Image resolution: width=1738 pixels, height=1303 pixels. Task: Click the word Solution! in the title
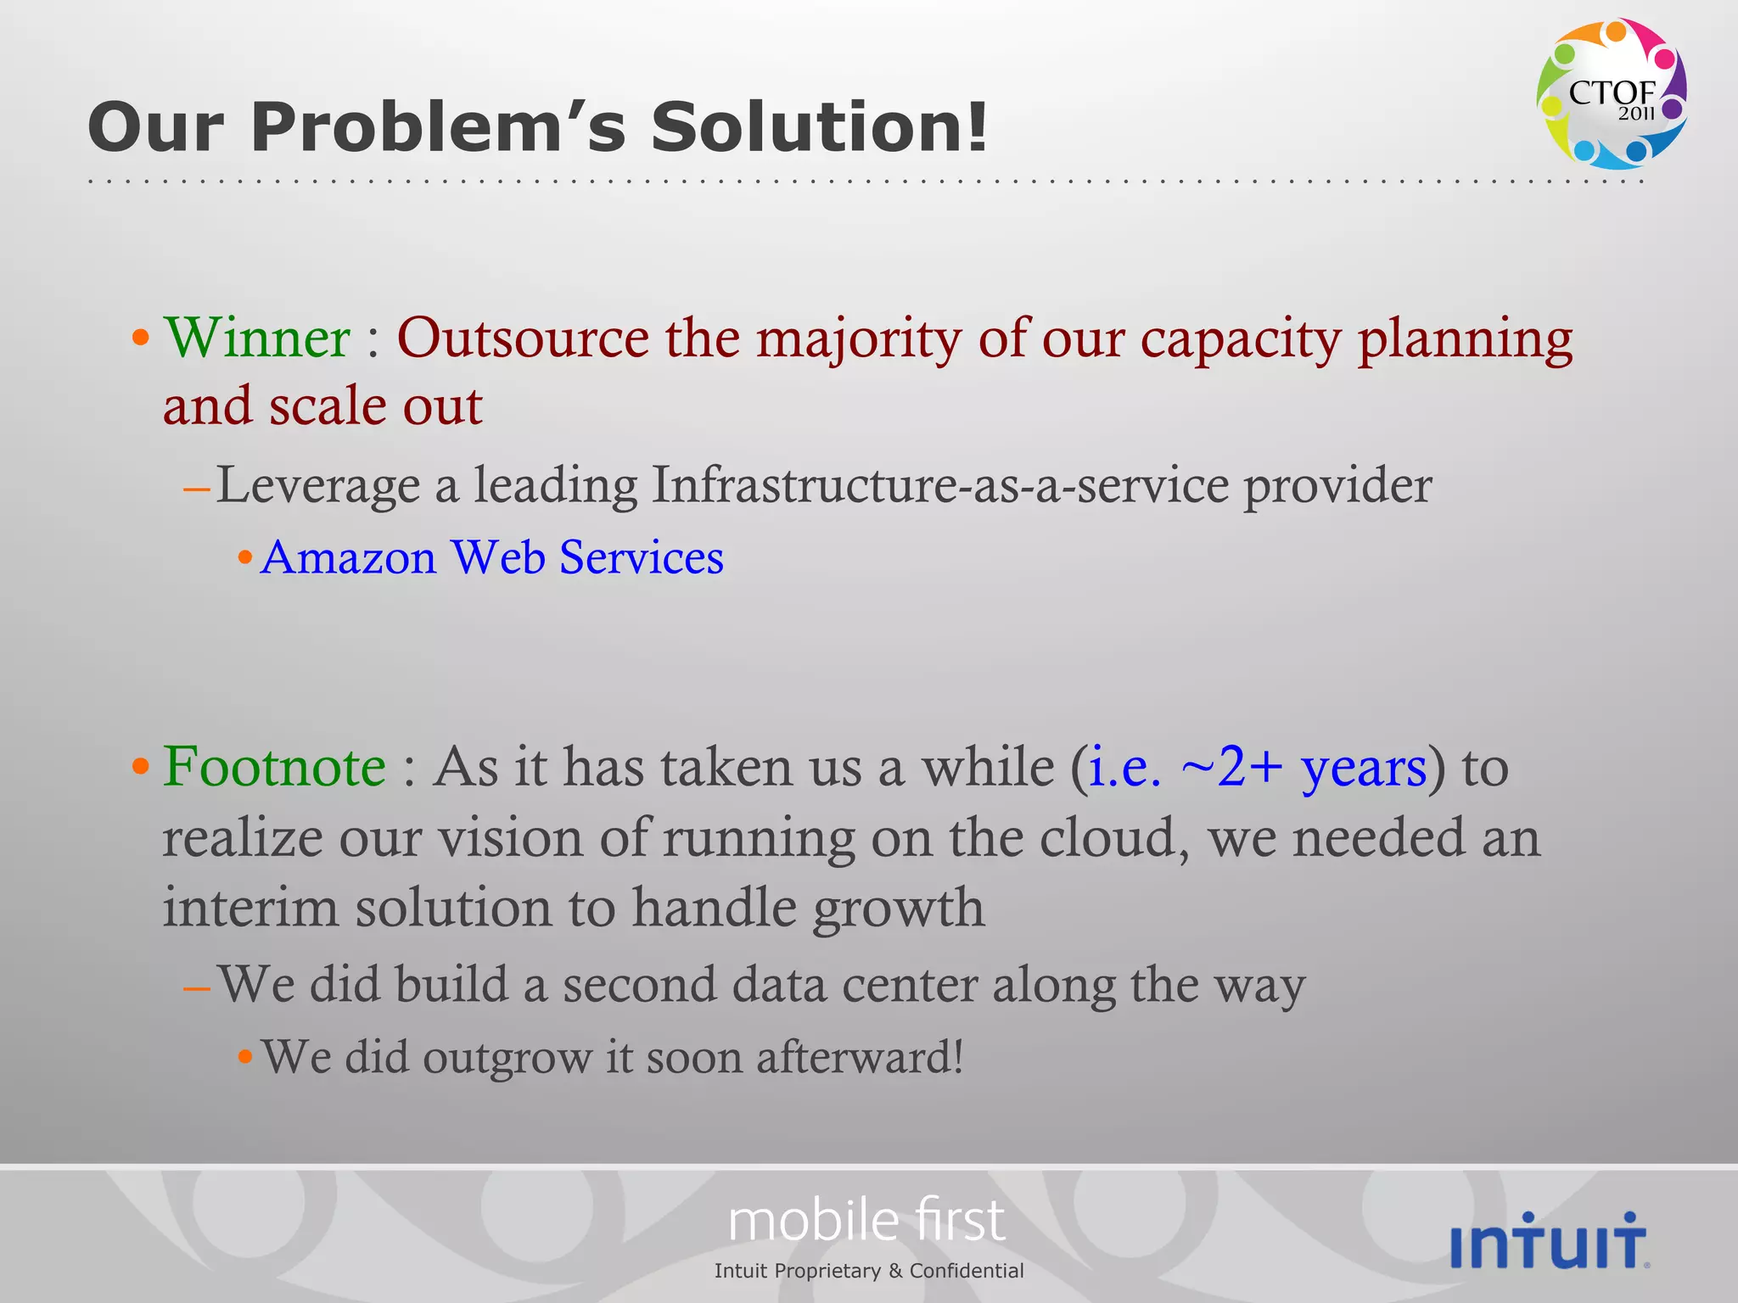(x=819, y=126)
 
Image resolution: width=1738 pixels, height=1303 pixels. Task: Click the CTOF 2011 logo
(x=1611, y=93)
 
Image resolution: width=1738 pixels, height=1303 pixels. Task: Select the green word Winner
(x=256, y=338)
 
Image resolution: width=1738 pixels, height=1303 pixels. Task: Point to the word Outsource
(x=523, y=338)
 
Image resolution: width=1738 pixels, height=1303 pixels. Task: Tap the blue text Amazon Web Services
(x=492, y=558)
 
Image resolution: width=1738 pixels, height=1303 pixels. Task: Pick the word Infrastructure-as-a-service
(x=940, y=485)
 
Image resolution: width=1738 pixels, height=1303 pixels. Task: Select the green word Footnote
(x=274, y=767)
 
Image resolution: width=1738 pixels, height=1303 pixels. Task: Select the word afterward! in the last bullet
(x=860, y=1058)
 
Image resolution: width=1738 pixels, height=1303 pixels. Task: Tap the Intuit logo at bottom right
(x=1550, y=1241)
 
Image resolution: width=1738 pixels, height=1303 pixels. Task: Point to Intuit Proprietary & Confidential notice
(x=869, y=1271)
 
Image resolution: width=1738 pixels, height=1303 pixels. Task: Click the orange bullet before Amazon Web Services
(x=245, y=558)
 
